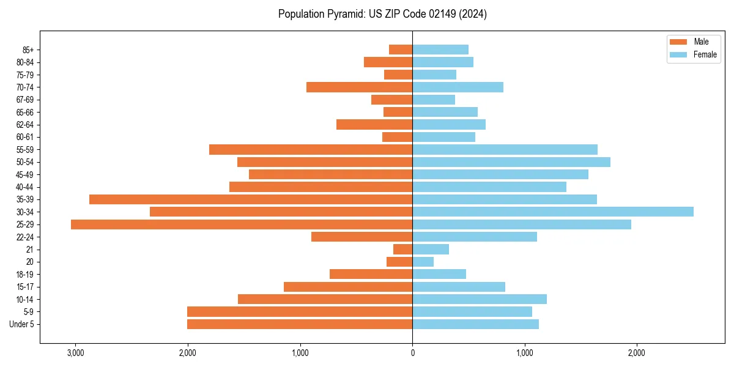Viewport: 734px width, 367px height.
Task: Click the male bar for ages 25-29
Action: click(x=242, y=224)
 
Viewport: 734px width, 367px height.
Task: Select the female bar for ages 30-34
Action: click(x=553, y=212)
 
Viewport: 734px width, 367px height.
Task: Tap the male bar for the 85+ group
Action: click(x=401, y=50)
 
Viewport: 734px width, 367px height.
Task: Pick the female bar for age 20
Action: click(x=423, y=262)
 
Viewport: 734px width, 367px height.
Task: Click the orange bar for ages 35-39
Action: click(x=251, y=199)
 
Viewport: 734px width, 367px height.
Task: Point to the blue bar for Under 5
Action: click(x=475, y=324)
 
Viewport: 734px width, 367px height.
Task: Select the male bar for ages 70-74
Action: click(x=360, y=87)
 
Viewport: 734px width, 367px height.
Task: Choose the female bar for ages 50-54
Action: click(x=511, y=162)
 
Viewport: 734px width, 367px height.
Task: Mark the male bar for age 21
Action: click(x=403, y=250)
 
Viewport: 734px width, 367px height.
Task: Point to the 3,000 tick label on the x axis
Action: click(x=75, y=354)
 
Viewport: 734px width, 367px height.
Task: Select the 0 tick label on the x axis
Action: click(x=412, y=354)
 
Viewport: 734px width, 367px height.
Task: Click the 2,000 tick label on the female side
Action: click(x=637, y=354)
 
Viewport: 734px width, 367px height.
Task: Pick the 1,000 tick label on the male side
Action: click(x=300, y=354)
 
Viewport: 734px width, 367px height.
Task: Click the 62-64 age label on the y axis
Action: click(x=25, y=125)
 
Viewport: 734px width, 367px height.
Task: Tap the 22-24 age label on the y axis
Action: click(x=25, y=237)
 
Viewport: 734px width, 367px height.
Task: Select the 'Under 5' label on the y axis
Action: click(x=22, y=324)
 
